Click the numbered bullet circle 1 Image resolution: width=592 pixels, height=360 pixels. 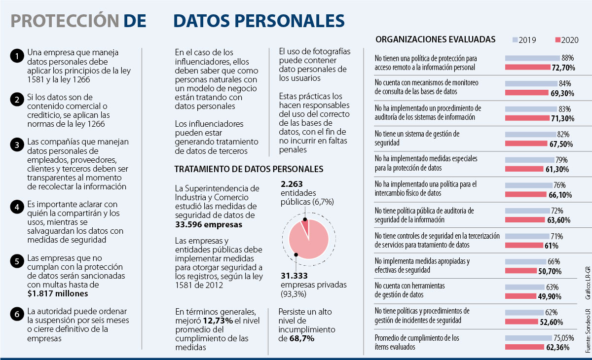click(16, 56)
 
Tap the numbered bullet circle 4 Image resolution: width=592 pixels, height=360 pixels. click(16, 208)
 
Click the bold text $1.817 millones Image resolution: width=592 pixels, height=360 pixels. click(58, 293)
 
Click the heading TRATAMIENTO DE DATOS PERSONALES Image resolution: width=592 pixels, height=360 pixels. click(249, 169)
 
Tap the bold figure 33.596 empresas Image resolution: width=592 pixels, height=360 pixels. click(209, 224)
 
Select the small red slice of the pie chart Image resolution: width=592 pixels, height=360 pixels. click(305, 227)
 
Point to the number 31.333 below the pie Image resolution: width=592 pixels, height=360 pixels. click(295, 276)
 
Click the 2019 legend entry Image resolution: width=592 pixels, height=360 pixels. click(524, 40)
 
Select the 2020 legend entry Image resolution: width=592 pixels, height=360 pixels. click(567, 40)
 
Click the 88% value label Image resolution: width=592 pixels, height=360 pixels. click(567, 58)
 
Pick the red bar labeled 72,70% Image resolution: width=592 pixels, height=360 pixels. click(527, 67)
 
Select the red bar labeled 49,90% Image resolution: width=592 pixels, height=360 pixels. click(521, 296)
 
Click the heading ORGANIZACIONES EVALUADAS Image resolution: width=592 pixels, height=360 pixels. click(436, 39)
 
